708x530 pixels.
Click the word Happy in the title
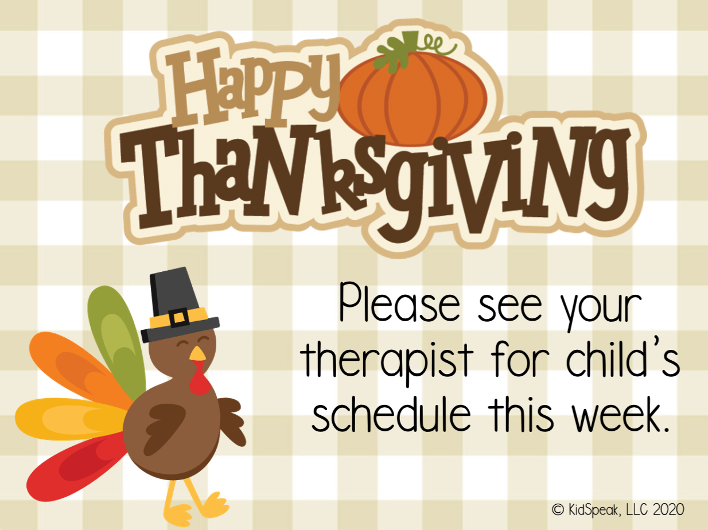pyautogui.click(x=252, y=86)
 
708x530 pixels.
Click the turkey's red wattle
pyautogui.click(x=199, y=381)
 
